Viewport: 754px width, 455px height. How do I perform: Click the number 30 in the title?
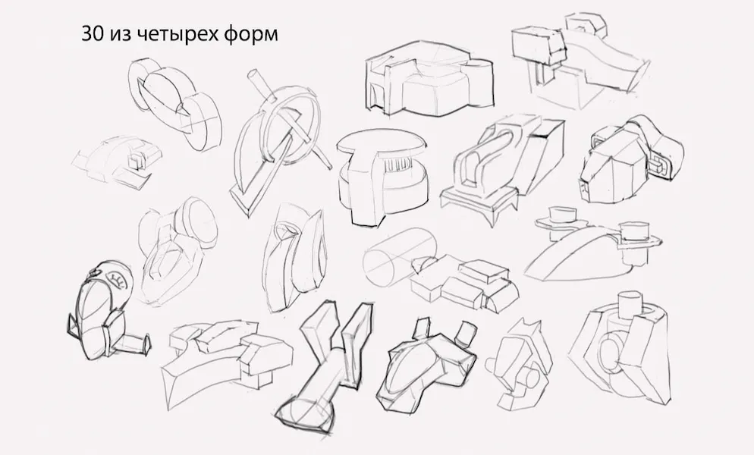[x=92, y=34]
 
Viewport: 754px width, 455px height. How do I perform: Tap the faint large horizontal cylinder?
[x=399, y=257]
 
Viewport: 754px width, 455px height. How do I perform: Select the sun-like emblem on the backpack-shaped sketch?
[x=117, y=280]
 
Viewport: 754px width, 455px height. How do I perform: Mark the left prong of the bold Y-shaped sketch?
[x=319, y=332]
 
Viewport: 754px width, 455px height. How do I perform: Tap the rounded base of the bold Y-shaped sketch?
[x=306, y=411]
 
